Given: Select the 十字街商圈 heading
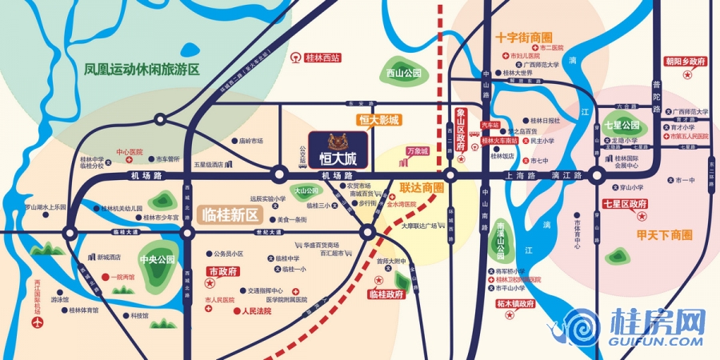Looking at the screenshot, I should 524,38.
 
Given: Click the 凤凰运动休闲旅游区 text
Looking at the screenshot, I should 142,70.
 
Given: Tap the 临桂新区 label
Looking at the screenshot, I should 232,214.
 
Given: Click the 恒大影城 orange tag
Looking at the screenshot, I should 378,121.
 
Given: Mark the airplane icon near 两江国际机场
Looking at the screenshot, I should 37,322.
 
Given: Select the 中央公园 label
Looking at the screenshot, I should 157,260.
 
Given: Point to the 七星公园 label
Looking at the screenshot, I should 622,126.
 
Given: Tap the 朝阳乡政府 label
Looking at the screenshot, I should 686,61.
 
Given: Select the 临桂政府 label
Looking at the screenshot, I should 387,294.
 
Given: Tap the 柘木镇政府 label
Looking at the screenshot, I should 514,304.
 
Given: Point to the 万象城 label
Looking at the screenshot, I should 417,150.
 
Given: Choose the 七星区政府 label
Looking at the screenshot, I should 626,205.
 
